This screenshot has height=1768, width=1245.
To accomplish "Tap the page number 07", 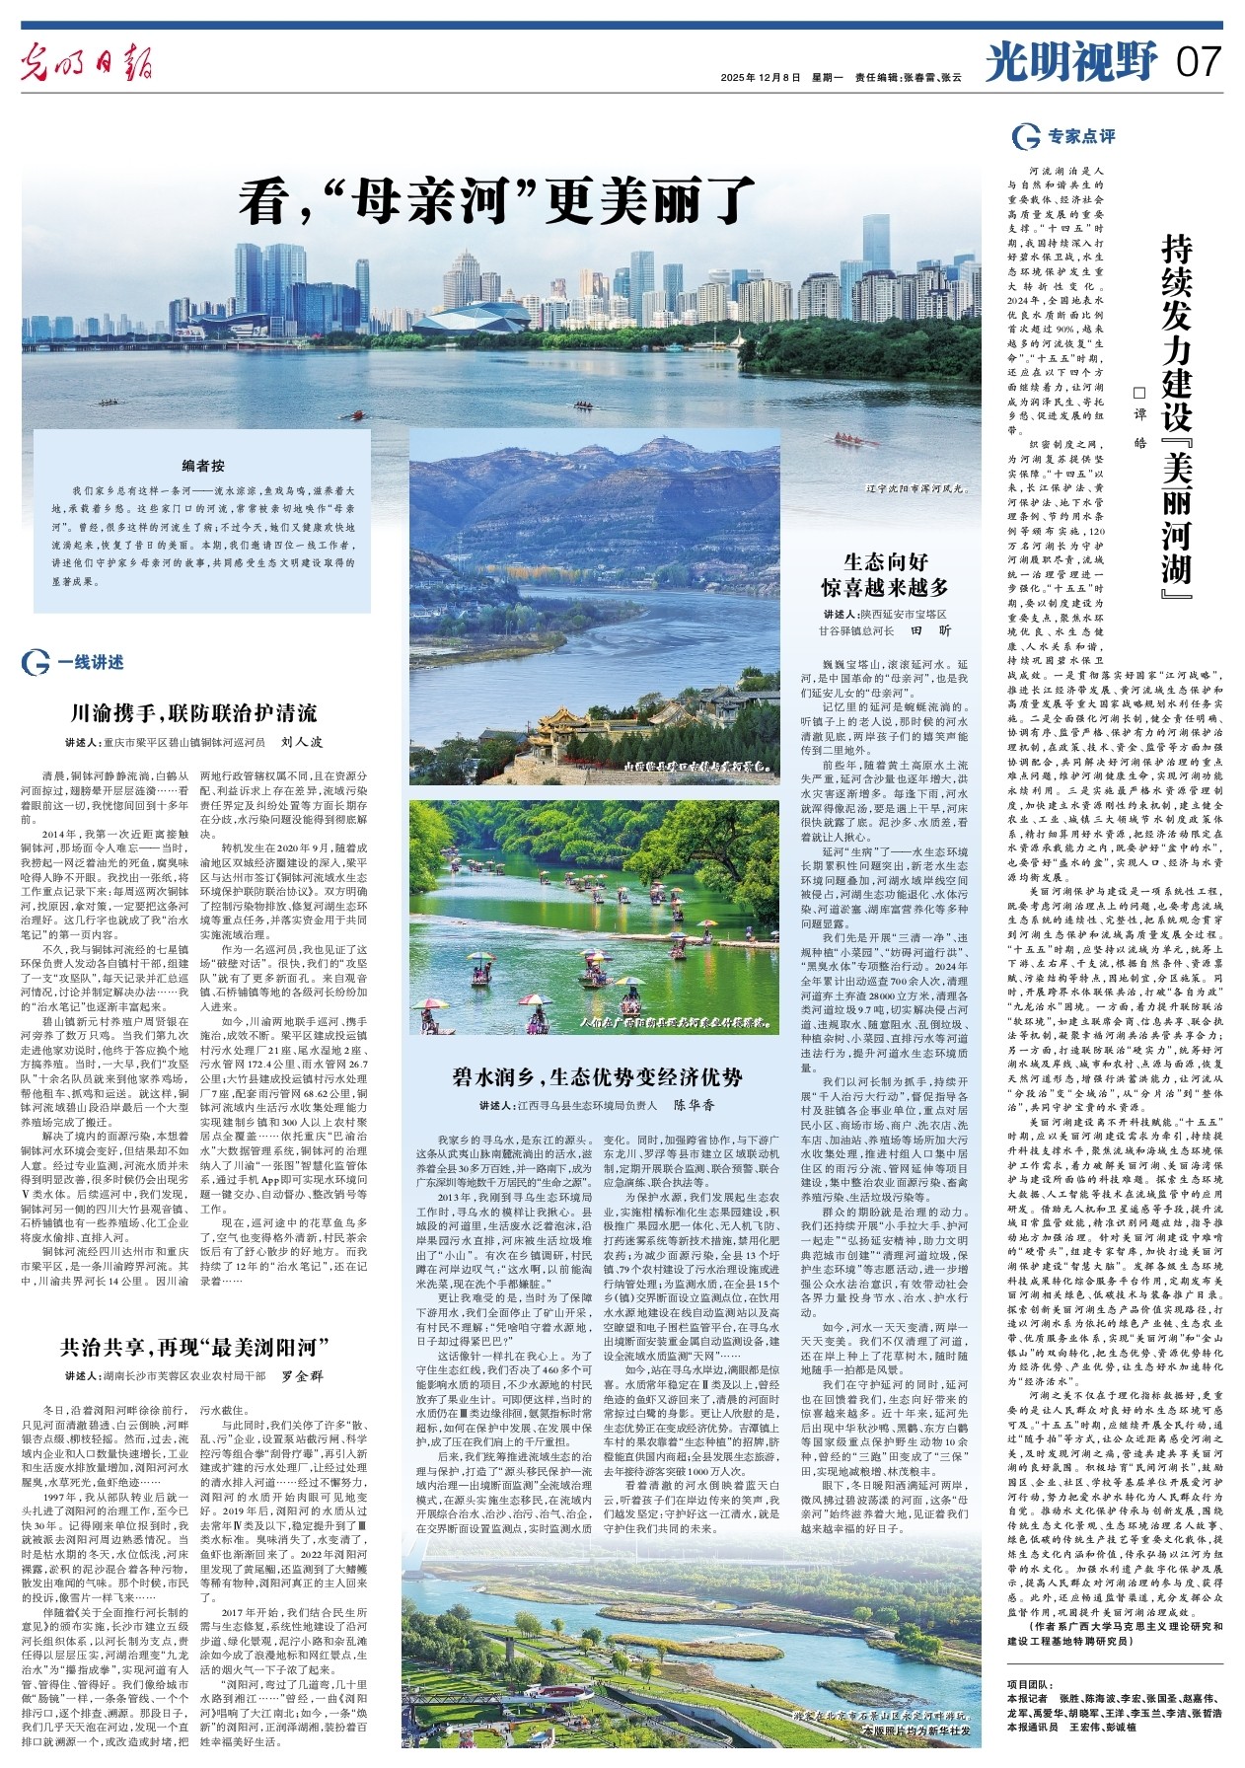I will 1198,63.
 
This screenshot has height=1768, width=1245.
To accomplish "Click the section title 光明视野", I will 1070,63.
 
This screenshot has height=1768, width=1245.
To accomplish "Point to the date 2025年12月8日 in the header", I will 761,77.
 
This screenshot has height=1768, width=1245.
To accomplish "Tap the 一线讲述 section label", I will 90,663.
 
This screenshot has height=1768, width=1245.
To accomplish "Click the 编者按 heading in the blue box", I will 202,465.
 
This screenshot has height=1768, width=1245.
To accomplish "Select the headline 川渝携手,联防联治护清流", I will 193,713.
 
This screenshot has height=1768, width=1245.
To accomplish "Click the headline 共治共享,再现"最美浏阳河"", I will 193,1347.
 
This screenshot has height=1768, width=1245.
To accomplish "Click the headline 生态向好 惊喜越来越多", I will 884,574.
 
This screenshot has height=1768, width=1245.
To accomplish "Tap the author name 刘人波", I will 302,742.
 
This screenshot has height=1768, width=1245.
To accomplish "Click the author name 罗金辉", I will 303,1375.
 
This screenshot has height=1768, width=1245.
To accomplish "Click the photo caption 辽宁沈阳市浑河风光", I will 898,487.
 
